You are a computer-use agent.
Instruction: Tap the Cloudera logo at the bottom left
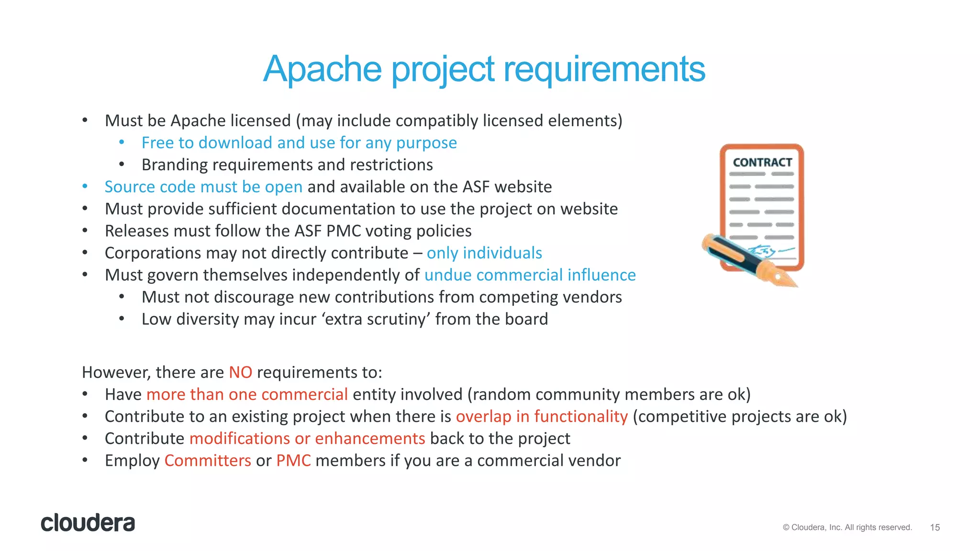(x=88, y=523)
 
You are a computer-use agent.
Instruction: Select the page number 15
(x=935, y=528)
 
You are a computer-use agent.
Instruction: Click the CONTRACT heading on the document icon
(x=762, y=163)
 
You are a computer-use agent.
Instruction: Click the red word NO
(x=240, y=372)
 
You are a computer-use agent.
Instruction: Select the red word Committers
(x=207, y=461)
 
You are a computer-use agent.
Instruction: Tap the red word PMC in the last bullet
(x=293, y=461)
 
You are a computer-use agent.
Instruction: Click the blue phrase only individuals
(x=484, y=253)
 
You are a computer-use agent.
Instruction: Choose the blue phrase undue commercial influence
(x=530, y=275)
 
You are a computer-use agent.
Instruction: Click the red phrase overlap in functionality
(x=541, y=417)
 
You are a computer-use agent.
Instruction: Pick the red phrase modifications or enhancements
(x=307, y=439)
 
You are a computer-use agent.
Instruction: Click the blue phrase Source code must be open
(x=203, y=187)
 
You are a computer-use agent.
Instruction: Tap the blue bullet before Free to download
(x=122, y=142)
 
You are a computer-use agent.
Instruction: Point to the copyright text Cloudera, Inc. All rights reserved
(x=847, y=528)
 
